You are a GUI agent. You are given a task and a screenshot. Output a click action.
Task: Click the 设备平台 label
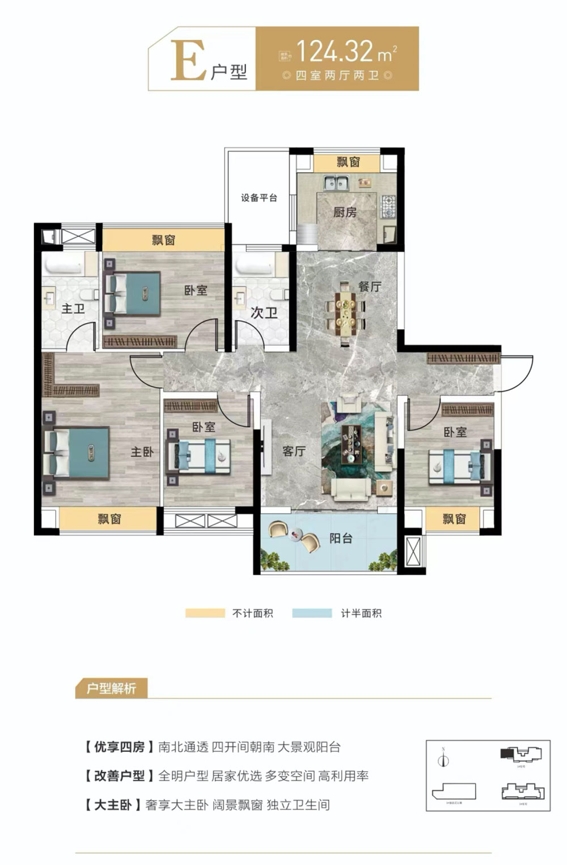point(259,198)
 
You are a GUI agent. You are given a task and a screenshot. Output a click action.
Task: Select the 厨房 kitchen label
point(345,212)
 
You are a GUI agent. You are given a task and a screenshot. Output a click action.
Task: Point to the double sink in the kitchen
point(337,183)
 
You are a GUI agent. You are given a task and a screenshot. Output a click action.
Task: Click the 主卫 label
point(73,309)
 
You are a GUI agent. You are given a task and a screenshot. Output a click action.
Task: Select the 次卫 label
point(264,312)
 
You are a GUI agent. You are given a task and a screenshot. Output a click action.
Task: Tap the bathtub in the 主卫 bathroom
point(63,264)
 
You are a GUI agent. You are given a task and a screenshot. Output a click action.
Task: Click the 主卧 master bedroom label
point(142,451)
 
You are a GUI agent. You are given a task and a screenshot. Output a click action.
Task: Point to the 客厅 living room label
point(294,451)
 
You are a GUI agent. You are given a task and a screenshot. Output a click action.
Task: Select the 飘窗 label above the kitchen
point(348,163)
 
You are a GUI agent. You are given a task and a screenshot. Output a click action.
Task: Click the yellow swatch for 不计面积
point(205,613)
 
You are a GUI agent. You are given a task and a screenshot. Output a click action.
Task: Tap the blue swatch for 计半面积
point(312,613)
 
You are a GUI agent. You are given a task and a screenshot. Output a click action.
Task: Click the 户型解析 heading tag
point(111,689)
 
